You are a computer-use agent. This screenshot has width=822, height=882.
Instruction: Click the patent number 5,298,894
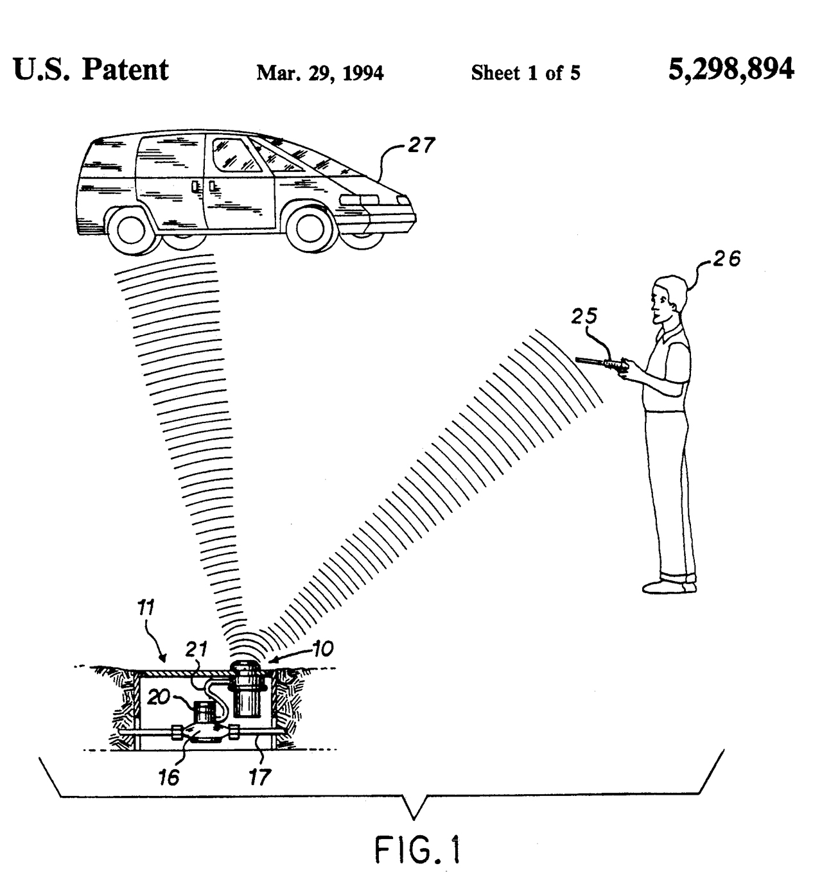731,69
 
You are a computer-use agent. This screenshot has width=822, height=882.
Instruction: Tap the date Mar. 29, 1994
320,73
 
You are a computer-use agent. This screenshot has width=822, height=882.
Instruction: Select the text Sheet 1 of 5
525,73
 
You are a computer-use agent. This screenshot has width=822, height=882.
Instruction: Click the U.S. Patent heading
91,69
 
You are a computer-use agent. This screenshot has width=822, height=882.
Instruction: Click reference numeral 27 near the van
421,145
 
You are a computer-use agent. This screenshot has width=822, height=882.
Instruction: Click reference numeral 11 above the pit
146,608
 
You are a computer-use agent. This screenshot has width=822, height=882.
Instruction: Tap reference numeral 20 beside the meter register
159,697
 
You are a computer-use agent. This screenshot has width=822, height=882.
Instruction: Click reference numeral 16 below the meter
169,777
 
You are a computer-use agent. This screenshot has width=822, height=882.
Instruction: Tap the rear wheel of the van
131,230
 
